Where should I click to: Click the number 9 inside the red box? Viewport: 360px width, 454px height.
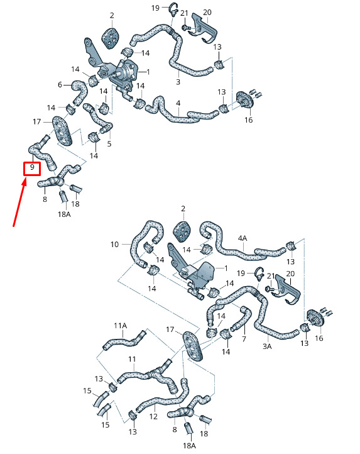tap(32, 167)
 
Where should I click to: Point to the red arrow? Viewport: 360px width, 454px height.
tap(19, 202)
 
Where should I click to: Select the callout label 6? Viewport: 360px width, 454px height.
tap(60, 85)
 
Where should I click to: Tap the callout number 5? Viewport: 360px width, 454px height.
tap(109, 144)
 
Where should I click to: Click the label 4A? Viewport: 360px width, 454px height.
tap(243, 238)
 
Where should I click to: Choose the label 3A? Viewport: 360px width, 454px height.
tap(267, 346)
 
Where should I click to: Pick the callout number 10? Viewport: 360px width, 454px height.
tap(114, 245)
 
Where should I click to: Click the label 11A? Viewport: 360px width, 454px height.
tap(121, 326)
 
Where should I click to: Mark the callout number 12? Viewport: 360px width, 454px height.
tap(153, 416)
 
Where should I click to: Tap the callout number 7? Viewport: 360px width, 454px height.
tap(244, 339)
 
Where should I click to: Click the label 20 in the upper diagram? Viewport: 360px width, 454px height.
tap(207, 12)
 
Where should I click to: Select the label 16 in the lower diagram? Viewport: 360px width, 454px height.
tap(319, 338)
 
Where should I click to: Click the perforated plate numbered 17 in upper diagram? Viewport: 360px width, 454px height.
tap(62, 130)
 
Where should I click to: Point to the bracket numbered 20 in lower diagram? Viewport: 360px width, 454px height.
tap(286, 290)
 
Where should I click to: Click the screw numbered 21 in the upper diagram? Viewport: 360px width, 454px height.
tap(185, 28)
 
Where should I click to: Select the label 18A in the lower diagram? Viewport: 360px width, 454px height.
tap(189, 445)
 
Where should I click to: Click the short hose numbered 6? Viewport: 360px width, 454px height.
tap(79, 92)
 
